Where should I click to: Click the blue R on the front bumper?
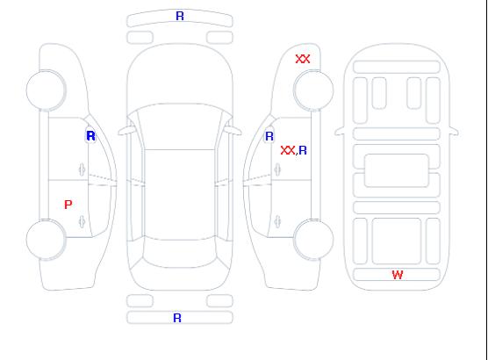click(x=180, y=16)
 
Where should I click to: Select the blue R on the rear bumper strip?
click(x=177, y=318)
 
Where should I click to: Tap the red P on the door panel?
click(x=68, y=205)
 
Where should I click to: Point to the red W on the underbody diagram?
click(x=398, y=275)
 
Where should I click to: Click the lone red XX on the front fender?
click(x=303, y=59)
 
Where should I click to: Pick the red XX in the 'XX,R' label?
click(x=288, y=150)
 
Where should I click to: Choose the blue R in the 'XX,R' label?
click(x=303, y=150)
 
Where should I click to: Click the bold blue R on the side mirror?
click(x=90, y=136)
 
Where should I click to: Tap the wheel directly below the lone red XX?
click(x=313, y=90)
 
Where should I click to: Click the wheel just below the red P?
click(x=46, y=240)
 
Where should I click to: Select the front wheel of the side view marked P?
click(x=46, y=90)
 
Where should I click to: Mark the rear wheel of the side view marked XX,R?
click(x=313, y=240)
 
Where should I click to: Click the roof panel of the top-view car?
click(x=180, y=195)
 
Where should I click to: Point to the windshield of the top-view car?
click(x=180, y=126)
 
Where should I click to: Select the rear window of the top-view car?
click(x=180, y=253)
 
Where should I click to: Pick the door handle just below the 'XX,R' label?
click(x=277, y=169)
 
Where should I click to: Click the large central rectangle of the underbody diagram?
click(x=397, y=170)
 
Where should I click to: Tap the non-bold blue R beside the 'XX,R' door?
click(x=269, y=136)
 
